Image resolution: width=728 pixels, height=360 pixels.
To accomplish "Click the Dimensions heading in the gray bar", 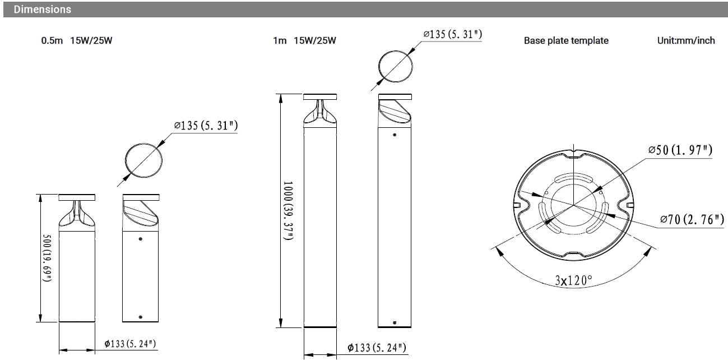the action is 42,10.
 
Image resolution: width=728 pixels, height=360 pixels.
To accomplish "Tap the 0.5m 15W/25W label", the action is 77,40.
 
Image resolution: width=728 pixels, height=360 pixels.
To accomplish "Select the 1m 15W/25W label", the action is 304,40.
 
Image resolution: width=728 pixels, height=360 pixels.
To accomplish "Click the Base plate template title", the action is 566,40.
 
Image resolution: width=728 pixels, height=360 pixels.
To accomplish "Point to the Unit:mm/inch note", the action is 686,40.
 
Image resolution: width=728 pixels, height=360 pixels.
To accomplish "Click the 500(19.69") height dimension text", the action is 47,258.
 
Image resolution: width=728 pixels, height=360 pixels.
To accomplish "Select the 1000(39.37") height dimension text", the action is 288,211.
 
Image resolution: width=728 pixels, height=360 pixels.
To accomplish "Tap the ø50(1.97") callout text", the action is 680,150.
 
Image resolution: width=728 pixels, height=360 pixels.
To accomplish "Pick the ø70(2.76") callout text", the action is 692,219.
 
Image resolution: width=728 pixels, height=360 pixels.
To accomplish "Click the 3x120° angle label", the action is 574,280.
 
